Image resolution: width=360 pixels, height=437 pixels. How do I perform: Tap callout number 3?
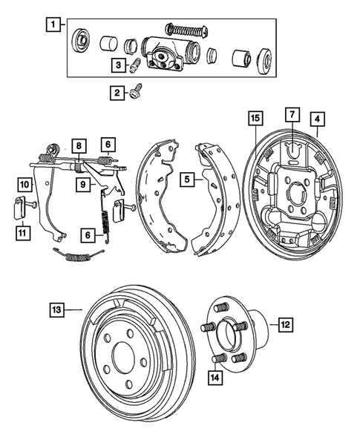click(x=117, y=65)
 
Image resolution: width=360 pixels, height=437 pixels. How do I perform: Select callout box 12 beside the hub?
click(x=285, y=323)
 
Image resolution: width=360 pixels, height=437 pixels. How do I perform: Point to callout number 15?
click(x=254, y=118)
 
